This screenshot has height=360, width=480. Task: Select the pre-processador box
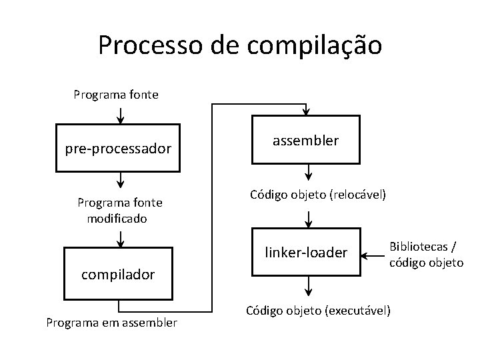(118, 148)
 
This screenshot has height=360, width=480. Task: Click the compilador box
(118, 273)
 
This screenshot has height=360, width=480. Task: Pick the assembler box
(305, 141)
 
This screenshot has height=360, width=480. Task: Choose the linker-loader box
(305, 253)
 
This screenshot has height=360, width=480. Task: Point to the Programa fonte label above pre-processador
(116, 95)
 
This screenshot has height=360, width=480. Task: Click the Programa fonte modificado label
(120, 209)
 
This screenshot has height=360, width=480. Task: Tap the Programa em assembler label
(111, 323)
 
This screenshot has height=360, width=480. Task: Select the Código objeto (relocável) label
(318, 195)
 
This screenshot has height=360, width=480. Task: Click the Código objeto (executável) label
(318, 311)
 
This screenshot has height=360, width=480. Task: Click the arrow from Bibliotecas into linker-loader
(373, 253)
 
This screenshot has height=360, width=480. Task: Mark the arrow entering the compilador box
(120, 238)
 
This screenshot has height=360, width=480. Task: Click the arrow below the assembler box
(307, 173)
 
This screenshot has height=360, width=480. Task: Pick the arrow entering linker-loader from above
(307, 218)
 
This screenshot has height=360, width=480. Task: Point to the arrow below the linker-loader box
(307, 286)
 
